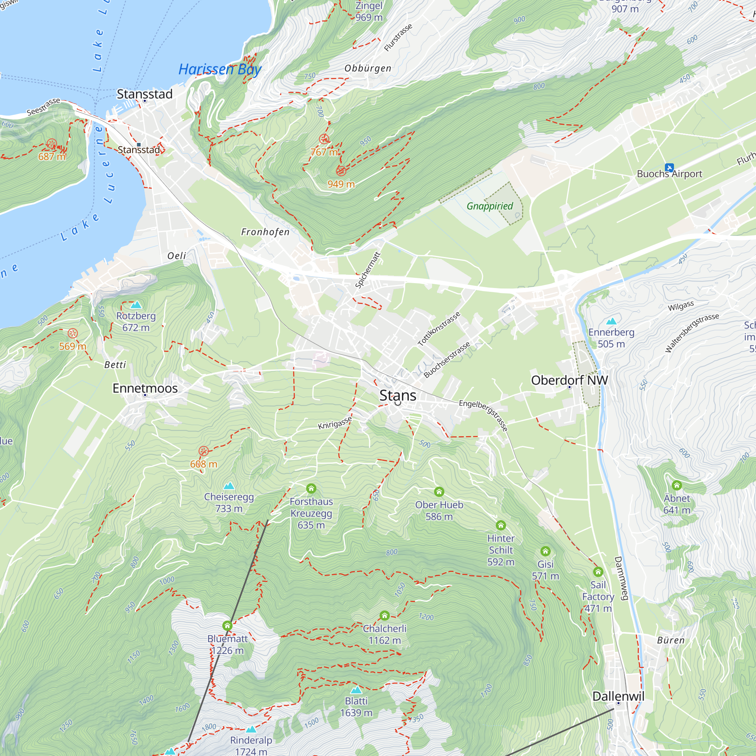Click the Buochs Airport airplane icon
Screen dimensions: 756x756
tap(669, 168)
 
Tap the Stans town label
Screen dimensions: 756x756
tap(398, 395)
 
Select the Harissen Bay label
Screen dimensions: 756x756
tap(220, 69)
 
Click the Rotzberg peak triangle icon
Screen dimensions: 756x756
tap(136, 305)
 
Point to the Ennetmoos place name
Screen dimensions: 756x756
tap(145, 388)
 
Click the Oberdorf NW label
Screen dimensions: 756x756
tap(569, 380)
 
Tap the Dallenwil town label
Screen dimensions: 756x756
tap(618, 696)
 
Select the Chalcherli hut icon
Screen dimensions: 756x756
tap(384, 615)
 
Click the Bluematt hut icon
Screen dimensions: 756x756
tap(227, 626)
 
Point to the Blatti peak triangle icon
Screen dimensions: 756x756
tap(356, 690)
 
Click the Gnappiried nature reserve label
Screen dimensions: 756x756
tap(490, 206)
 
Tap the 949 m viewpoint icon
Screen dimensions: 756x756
tap(341, 171)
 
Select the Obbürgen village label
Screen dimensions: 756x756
tap(367, 68)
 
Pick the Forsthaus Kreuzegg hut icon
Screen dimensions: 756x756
tap(311, 488)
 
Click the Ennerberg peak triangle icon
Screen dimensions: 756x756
tap(611, 322)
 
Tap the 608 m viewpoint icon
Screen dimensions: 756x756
tap(203, 451)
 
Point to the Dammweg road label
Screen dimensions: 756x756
tap(621, 578)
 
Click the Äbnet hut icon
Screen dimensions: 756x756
tap(677, 486)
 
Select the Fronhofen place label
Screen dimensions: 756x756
tap(265, 232)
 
